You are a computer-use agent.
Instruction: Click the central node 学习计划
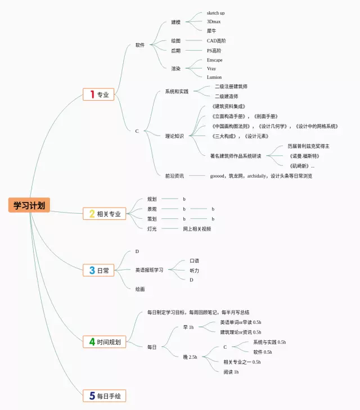click(x=29, y=205)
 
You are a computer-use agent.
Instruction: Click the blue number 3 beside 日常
click(x=91, y=271)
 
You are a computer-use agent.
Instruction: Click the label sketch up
click(x=215, y=13)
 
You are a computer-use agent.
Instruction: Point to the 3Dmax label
click(x=213, y=22)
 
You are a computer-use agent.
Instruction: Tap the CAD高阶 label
click(x=216, y=41)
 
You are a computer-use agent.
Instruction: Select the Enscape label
click(x=214, y=60)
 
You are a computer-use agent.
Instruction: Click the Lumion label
click(x=214, y=77)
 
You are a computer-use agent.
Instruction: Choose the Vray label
click(x=211, y=69)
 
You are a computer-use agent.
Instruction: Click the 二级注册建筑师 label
click(x=231, y=87)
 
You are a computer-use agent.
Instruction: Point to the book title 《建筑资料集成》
click(x=229, y=106)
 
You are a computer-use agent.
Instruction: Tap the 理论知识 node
click(x=174, y=136)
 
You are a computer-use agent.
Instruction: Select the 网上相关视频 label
click(x=197, y=229)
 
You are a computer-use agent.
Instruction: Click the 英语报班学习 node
click(x=149, y=270)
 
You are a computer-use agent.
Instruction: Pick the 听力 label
click(x=194, y=271)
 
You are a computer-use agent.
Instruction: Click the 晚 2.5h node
click(x=190, y=357)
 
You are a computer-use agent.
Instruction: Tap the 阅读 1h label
click(x=231, y=372)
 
